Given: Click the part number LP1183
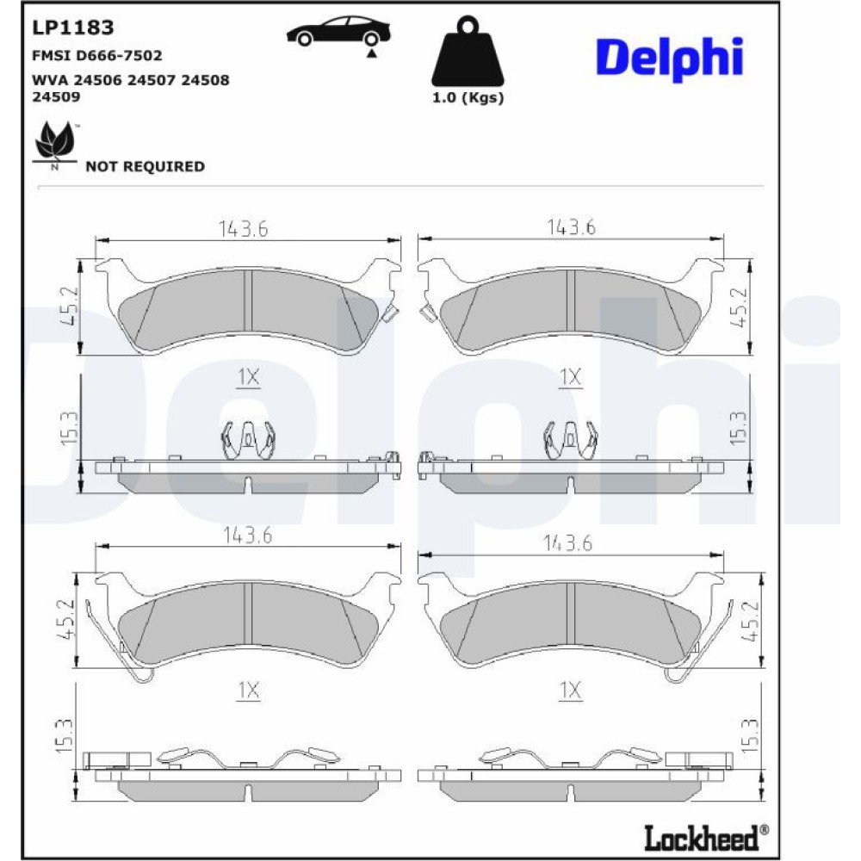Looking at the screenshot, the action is click(73, 28).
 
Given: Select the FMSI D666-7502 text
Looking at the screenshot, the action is click(97, 55).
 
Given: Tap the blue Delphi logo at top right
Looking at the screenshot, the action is click(669, 59).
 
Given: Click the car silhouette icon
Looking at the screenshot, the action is click(338, 33).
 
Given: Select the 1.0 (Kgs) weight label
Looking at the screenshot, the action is click(468, 98).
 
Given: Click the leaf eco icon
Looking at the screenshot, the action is click(55, 143).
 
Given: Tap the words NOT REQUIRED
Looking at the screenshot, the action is click(145, 166).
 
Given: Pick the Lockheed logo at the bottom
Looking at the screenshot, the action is click(706, 838).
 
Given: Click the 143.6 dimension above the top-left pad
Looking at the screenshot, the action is click(244, 229).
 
